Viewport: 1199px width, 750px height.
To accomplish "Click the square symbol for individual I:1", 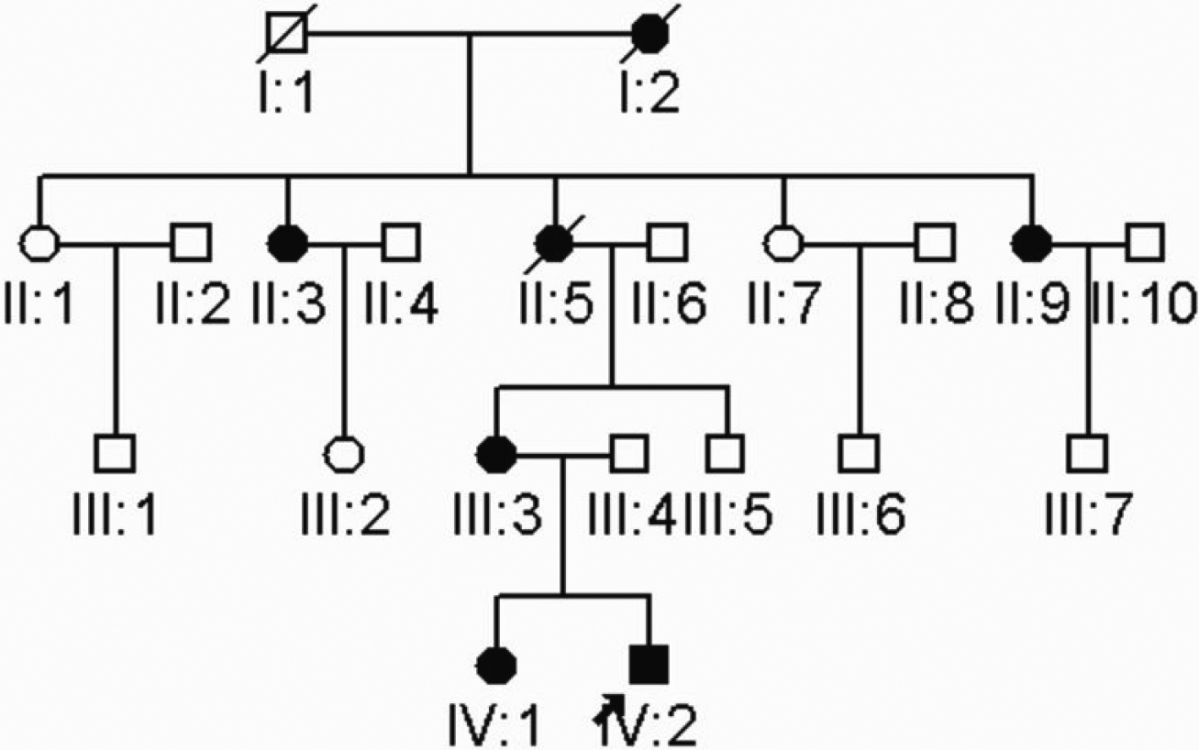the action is (x=287, y=34).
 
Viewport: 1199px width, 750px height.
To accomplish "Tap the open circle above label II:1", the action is (x=39, y=243).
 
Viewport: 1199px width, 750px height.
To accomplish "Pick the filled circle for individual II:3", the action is (x=288, y=243).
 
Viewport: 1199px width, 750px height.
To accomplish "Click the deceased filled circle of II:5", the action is (x=554, y=243).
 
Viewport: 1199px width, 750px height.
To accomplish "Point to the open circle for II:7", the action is (x=784, y=243).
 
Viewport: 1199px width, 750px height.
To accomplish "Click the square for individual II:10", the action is (x=1145, y=243).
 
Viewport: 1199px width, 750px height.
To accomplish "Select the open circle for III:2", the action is (x=345, y=454).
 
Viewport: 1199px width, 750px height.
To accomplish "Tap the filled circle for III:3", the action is (x=496, y=454).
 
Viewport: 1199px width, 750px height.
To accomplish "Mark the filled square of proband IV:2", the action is (x=649, y=665).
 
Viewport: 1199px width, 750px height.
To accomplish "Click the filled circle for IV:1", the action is (x=496, y=665).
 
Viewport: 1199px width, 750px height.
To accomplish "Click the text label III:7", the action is (x=1089, y=513).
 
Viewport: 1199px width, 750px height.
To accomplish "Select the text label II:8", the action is (x=938, y=303).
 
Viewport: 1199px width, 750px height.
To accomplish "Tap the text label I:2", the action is (x=649, y=93).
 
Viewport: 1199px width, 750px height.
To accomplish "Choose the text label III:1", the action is (x=115, y=513).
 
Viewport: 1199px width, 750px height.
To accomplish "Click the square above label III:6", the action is (x=859, y=454).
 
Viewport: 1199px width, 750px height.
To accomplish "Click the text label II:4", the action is (x=402, y=303).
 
